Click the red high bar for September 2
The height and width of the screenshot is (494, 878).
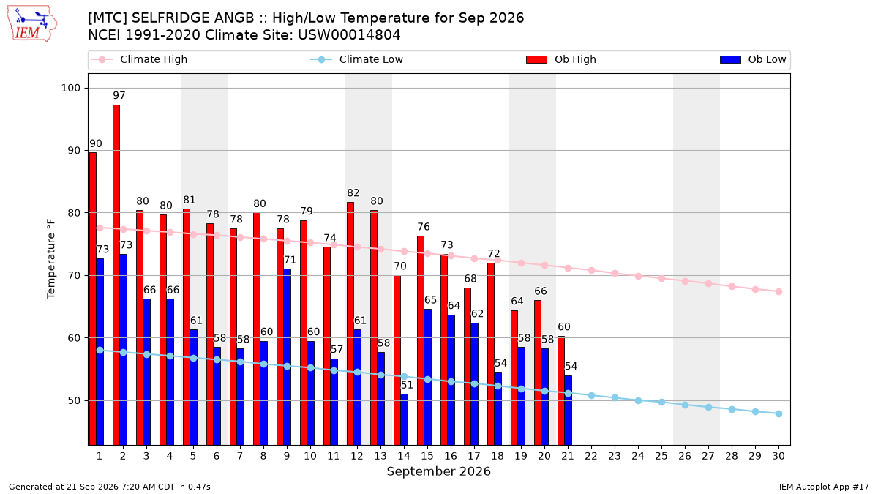116,275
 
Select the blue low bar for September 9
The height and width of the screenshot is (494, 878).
288,357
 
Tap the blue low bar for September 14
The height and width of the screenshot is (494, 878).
404,419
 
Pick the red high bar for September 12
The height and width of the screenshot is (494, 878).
350,323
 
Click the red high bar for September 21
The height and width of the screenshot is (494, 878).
561,391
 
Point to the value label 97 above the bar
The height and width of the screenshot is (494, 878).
119,95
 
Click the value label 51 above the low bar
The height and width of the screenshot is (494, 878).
407,385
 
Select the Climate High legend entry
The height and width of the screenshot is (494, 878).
139,59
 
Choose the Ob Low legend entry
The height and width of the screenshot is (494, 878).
753,59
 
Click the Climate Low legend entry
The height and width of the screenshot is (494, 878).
357,59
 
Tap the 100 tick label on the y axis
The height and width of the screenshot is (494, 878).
70,88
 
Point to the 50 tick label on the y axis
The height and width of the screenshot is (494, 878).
74,401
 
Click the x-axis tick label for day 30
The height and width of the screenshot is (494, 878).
778,456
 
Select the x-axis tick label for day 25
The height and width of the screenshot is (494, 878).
661,456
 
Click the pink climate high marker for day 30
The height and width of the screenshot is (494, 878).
778,292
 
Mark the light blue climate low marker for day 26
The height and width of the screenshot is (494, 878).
685,405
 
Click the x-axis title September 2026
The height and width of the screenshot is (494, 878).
438,471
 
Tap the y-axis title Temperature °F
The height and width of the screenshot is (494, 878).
51,259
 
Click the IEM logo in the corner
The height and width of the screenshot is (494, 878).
31,24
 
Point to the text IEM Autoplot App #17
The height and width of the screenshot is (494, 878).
824,487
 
